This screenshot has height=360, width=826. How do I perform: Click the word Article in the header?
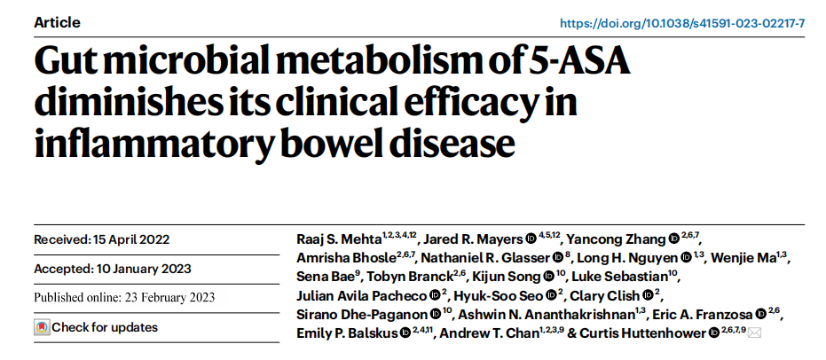point(57,22)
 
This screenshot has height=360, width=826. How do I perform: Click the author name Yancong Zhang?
point(618,239)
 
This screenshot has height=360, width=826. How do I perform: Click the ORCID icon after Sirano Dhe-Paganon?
point(436,314)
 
